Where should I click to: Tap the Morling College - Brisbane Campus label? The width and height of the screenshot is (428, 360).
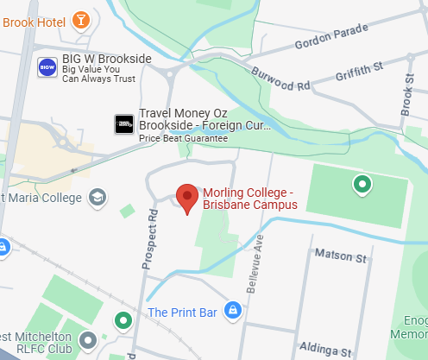point(249,199)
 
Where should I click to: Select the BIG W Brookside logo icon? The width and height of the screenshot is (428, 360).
point(48,66)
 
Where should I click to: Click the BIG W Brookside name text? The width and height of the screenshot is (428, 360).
point(107,59)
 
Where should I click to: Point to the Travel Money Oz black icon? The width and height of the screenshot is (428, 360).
point(124,124)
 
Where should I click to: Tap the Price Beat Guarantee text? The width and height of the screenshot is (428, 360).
point(184,138)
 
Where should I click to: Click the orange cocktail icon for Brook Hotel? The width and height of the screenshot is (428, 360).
point(80,19)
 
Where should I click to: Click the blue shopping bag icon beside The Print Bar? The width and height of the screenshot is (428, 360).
point(232,311)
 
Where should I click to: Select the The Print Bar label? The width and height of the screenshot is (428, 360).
point(181,312)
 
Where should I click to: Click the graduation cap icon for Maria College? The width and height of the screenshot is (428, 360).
point(98,198)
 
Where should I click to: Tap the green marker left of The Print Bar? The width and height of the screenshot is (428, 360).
point(123,321)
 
